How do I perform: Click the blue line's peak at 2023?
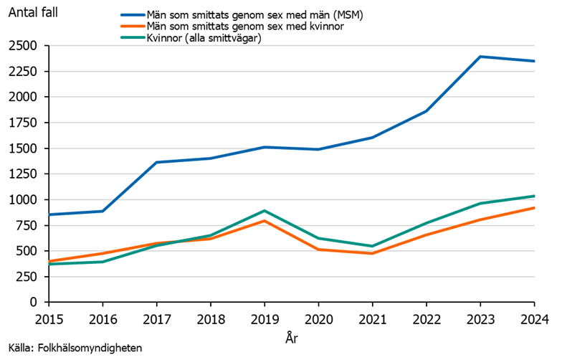(480, 57)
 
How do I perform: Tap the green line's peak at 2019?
(264, 211)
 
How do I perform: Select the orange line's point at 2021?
(371, 253)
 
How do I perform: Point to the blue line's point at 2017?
(156, 162)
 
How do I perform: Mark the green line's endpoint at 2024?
(533, 196)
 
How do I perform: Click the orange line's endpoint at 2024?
(533, 208)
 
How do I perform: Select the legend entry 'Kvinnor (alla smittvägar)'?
(208, 39)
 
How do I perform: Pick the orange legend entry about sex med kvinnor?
(232, 27)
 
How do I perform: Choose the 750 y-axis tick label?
(29, 225)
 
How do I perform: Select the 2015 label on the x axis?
(48, 318)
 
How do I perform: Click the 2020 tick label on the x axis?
(318, 318)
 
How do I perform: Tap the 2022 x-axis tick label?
(425, 318)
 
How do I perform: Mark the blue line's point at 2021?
(371, 138)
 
